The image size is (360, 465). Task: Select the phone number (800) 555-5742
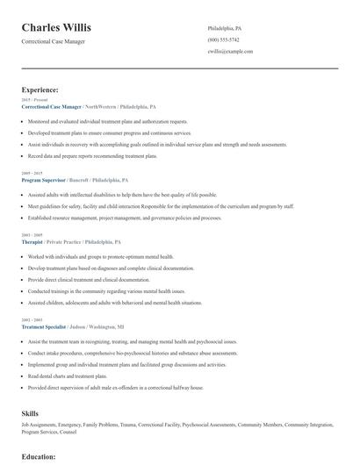(223, 40)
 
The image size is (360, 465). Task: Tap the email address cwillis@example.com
(230, 52)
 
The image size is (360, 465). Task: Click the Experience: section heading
(40, 89)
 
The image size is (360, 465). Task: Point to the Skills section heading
(30, 412)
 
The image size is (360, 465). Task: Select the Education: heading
(39, 456)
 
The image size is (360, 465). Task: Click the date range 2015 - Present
(35, 100)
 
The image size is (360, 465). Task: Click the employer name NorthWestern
(97, 106)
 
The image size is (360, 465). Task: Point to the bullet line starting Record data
(92, 155)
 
